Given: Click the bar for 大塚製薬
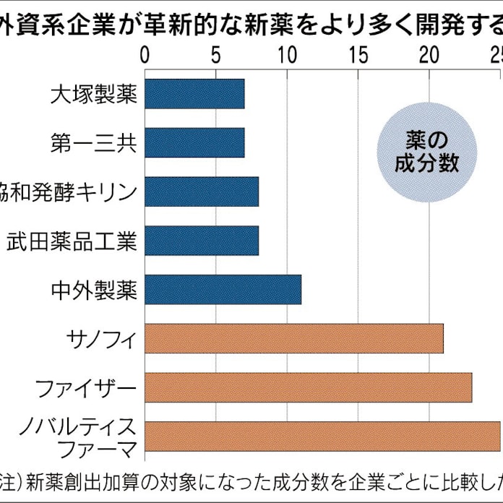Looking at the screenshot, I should (x=194, y=94).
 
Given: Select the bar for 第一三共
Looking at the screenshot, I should (x=194, y=142).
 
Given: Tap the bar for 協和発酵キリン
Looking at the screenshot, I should (x=202, y=192).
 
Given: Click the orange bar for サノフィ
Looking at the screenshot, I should (x=294, y=339).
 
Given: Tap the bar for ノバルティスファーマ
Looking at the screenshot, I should (x=322, y=437).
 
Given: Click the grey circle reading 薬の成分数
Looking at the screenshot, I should (x=427, y=151).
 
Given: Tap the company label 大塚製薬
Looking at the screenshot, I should (x=94, y=95).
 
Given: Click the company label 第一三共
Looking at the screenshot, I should (x=94, y=143).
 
